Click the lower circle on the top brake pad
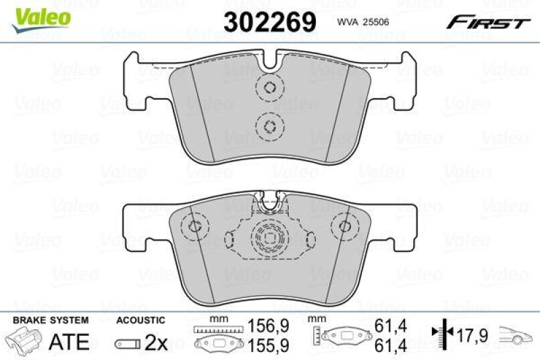click(269, 125)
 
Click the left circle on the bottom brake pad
click(195, 228)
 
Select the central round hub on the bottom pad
click(269, 237)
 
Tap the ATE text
click(69, 342)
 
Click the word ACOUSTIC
click(140, 319)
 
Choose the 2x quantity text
click(157, 342)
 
